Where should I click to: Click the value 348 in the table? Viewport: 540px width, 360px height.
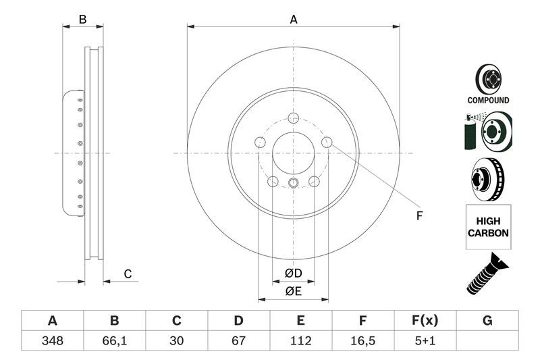click(x=52, y=340)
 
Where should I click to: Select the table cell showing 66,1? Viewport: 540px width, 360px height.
click(x=114, y=340)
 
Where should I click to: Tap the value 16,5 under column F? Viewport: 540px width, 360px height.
click(x=362, y=340)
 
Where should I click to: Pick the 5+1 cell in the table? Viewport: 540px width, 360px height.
click(x=425, y=340)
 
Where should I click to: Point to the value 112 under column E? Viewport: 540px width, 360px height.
click(x=300, y=340)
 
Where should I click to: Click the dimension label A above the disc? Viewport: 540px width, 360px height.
click(x=294, y=20)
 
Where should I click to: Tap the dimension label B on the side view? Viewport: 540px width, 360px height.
click(x=82, y=20)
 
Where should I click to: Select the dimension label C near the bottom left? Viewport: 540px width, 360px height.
click(x=127, y=274)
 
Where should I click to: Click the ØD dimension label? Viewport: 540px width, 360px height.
click(x=292, y=273)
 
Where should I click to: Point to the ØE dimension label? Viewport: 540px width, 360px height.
click(x=292, y=291)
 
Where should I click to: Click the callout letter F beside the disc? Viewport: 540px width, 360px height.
click(x=418, y=216)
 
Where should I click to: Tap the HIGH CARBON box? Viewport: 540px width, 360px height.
click(x=487, y=226)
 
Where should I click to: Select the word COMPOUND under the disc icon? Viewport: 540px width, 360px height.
click(x=488, y=100)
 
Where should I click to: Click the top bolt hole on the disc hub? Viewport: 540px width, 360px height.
click(x=293, y=118)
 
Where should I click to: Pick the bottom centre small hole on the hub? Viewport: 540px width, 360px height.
click(x=293, y=183)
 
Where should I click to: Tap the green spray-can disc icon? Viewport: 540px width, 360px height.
click(x=487, y=131)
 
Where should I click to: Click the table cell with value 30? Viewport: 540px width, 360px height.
click(x=176, y=340)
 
